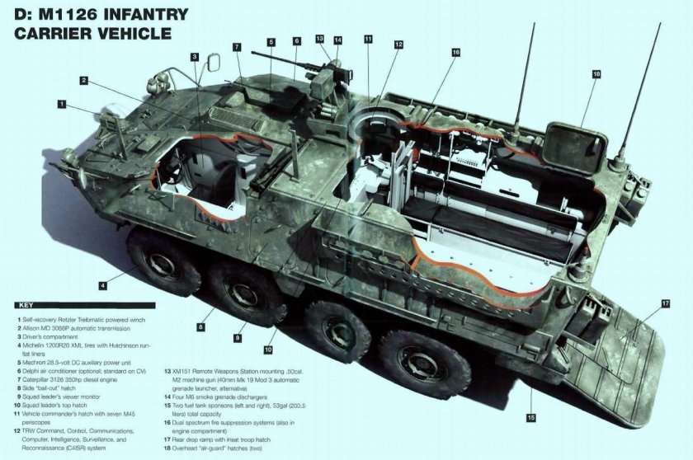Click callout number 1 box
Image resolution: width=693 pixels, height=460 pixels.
tap(62, 103)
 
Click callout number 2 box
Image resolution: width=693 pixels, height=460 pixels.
tap(83, 80)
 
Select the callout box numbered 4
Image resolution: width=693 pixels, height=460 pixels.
tap(102, 285)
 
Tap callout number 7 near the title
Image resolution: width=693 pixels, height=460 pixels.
tap(236, 46)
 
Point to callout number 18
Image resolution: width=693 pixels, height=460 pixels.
tap(595, 74)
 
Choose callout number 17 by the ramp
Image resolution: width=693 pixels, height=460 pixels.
tap(665, 303)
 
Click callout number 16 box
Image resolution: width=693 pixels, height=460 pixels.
tap(455, 52)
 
